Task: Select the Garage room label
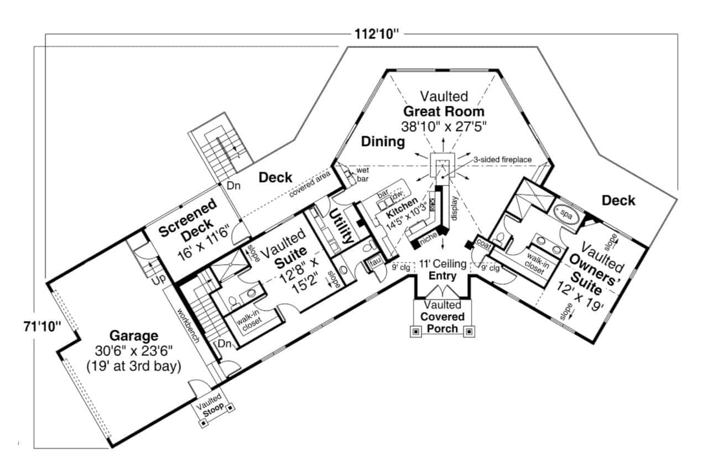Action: pyautogui.click(x=133, y=335)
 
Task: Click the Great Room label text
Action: pyautogui.click(x=443, y=111)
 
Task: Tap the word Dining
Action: pyautogui.click(x=383, y=142)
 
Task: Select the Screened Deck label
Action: pyautogui.click(x=188, y=222)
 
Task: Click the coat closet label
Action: pyautogui.click(x=483, y=243)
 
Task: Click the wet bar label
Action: pyautogui.click(x=363, y=174)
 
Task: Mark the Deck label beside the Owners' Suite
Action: pyautogui.click(x=618, y=200)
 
